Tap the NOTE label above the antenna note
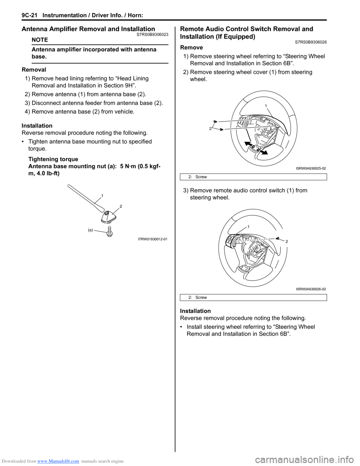tap(40, 40)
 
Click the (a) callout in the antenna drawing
tap(90, 230)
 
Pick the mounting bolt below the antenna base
tap(109, 231)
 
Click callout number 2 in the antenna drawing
tap(121, 206)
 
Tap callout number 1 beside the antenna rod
tap(102, 195)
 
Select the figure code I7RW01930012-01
tap(153, 239)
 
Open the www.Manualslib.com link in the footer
tap(58, 461)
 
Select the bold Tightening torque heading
tap(53, 159)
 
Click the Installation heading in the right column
tap(195, 311)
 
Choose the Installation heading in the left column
tap(37, 126)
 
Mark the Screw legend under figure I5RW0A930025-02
tap(201, 177)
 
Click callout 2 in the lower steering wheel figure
tap(286, 242)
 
